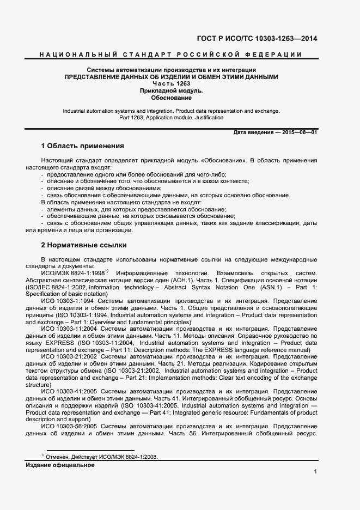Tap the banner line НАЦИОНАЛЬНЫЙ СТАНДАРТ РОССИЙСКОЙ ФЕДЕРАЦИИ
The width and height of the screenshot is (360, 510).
tap(171, 54)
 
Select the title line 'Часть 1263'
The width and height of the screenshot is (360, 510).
tap(171, 84)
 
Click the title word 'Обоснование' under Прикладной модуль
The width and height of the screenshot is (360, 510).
tap(171, 98)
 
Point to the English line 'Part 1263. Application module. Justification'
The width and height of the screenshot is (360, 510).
tap(171, 118)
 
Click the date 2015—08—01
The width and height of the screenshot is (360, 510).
tap(299, 133)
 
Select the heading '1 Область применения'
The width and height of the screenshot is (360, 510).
tap(83, 146)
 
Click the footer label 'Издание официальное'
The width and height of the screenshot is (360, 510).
tap(60, 465)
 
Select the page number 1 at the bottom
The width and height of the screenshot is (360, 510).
tap(315, 472)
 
